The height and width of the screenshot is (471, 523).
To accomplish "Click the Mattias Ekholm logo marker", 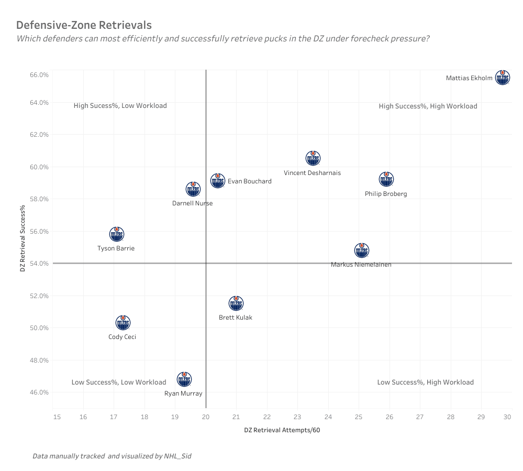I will pyautogui.click(x=503, y=78).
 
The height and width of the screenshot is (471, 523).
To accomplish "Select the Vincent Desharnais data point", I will pyautogui.click(x=313, y=158).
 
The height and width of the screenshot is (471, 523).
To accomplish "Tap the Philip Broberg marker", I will pyautogui.click(x=386, y=179).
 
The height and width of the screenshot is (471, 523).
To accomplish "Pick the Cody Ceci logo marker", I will pyautogui.click(x=123, y=322).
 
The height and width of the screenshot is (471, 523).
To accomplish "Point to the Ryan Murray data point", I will pyautogui.click(x=184, y=379).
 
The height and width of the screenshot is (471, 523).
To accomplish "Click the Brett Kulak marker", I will pyautogui.click(x=236, y=303).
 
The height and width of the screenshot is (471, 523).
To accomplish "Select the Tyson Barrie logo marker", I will pyautogui.click(x=117, y=234).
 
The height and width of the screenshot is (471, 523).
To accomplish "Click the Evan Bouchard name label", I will pyautogui.click(x=250, y=181).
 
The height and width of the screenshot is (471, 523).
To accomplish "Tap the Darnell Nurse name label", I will pyautogui.click(x=192, y=203).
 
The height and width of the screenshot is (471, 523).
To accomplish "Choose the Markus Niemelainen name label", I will pyautogui.click(x=361, y=265).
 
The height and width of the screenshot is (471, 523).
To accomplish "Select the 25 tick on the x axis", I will pyautogui.click(x=359, y=417).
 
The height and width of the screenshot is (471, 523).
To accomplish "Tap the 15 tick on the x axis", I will pyautogui.click(x=57, y=417).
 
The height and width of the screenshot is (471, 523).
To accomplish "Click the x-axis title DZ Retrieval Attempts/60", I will pyautogui.click(x=282, y=430).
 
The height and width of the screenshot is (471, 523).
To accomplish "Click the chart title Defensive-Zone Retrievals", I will pyautogui.click(x=84, y=25).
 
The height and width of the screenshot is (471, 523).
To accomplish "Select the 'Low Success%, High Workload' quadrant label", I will pyautogui.click(x=425, y=382).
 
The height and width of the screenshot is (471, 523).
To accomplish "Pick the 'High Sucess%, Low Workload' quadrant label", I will pyautogui.click(x=120, y=106).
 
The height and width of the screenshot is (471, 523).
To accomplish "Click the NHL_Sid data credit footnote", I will pyautogui.click(x=112, y=456).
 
